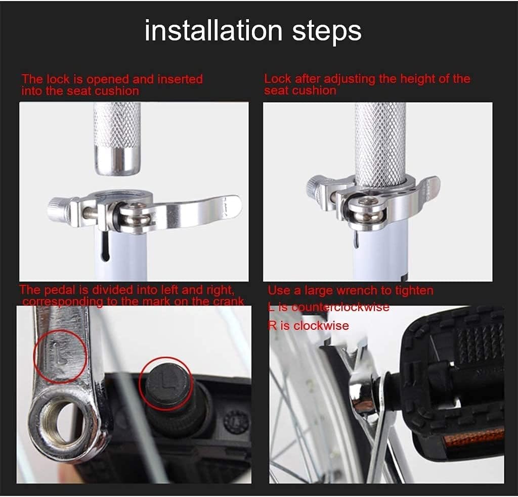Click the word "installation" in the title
[213, 30]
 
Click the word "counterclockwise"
[341, 307]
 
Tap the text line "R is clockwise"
[308, 326]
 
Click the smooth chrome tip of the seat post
[117, 161]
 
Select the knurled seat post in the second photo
[380, 145]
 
